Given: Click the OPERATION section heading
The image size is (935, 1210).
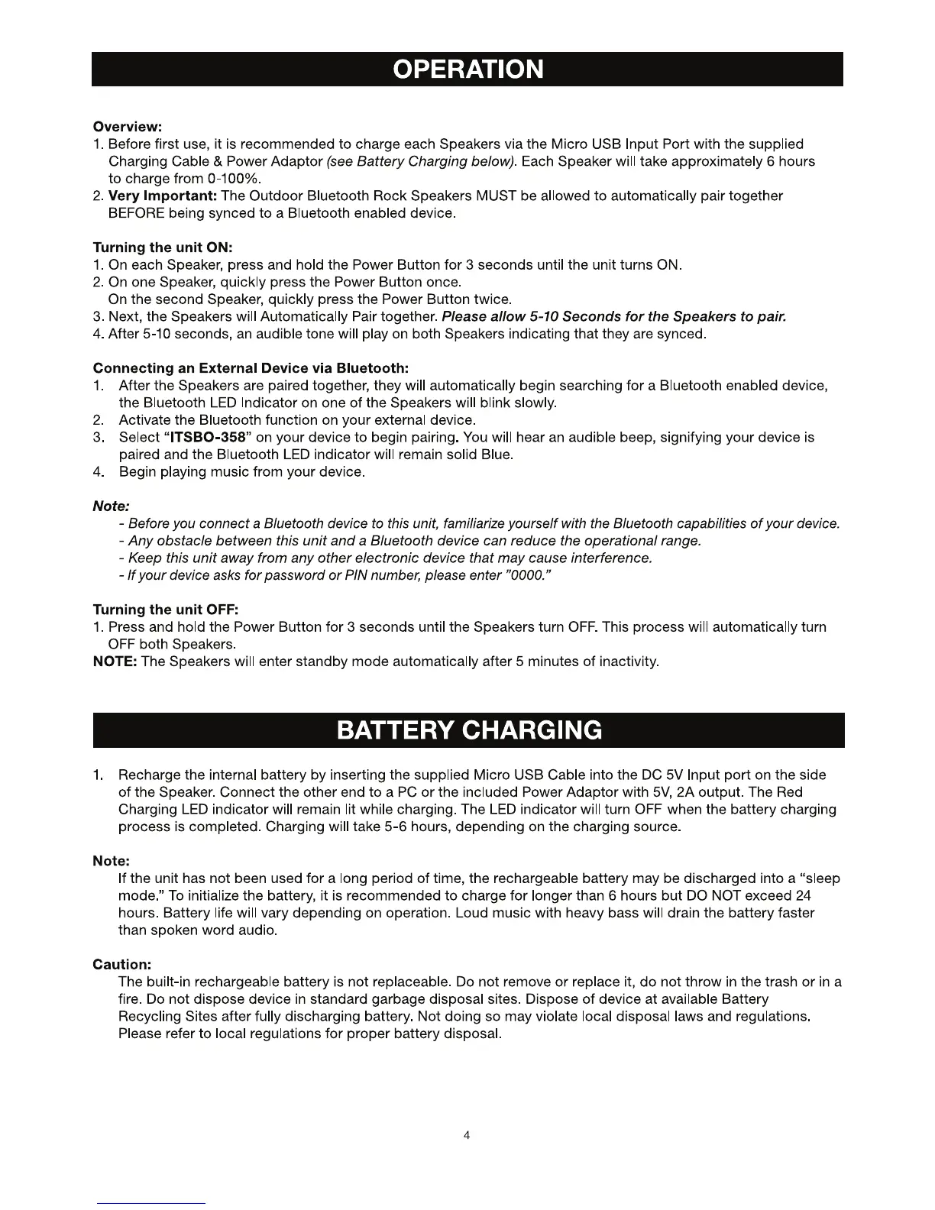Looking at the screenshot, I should point(467,70).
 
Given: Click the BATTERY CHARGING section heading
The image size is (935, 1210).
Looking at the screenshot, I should point(468,730).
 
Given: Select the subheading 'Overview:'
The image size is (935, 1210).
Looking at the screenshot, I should point(127,126).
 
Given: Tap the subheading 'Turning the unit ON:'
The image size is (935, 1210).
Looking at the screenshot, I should point(162,247).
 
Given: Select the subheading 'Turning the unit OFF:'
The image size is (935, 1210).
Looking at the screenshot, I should point(166,610).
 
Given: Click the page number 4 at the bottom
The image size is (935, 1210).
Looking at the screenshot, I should point(467,1135).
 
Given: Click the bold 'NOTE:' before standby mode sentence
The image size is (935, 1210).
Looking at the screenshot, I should point(115,662).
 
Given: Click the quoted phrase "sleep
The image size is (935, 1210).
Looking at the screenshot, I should point(817,878).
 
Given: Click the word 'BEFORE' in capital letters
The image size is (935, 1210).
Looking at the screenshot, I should point(136,213).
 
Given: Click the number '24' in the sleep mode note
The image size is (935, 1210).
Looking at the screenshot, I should point(803,895).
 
